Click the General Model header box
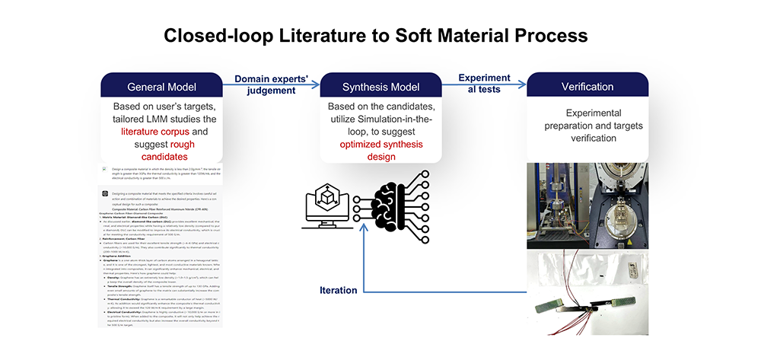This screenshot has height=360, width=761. coord(161,86)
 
